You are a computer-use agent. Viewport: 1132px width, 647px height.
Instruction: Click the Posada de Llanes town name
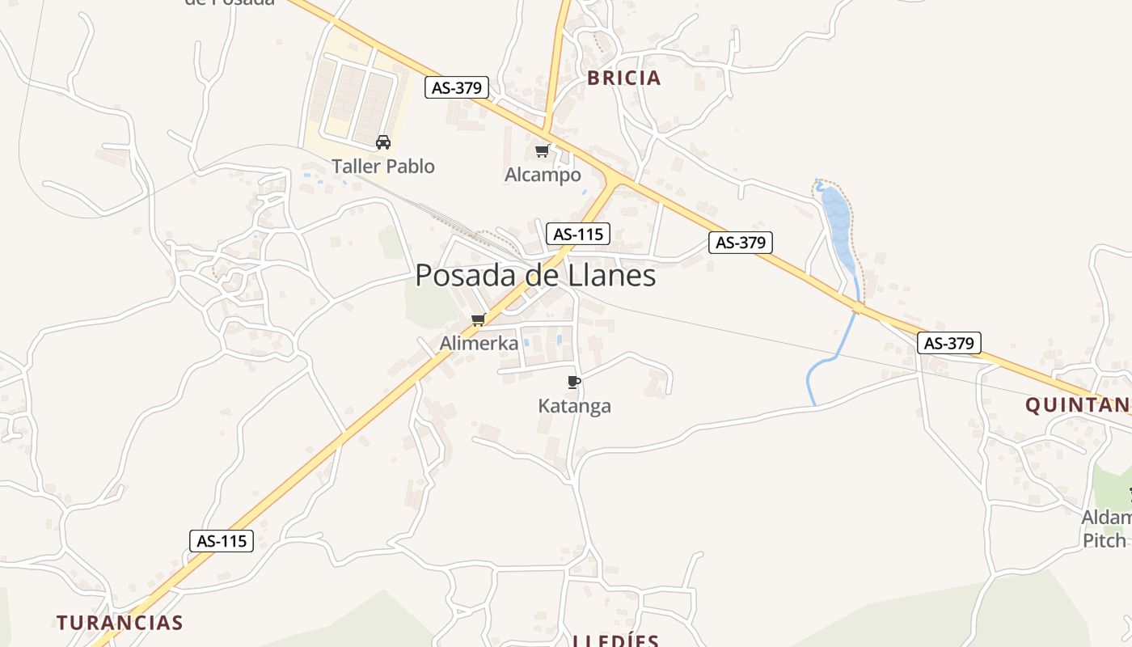pos(535,276)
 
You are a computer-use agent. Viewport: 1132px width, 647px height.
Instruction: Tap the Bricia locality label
pos(623,78)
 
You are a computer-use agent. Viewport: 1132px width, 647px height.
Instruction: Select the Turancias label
pos(120,623)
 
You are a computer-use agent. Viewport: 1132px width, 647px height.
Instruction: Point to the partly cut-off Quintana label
pos(1078,405)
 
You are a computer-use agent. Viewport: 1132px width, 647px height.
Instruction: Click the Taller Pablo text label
pos(382,167)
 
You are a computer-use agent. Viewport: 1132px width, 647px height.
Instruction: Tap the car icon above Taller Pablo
pos(383,142)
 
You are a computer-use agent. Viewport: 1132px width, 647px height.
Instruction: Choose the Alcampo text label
pos(543,175)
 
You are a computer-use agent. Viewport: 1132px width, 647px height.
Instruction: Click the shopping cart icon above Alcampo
pos(543,150)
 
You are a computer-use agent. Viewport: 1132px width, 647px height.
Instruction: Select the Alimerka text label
pos(479,344)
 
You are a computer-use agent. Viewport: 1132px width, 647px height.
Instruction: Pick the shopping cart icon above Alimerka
pos(479,319)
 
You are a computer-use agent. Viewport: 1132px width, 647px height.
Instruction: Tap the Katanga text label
pos(574,406)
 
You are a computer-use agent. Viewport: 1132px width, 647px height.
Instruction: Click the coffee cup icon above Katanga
pos(574,382)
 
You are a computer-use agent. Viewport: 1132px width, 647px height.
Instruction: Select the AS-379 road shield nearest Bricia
pos(457,87)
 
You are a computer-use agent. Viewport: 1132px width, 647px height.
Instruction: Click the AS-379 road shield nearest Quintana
pos(949,343)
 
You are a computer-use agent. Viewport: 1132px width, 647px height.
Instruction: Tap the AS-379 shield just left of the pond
pos(741,242)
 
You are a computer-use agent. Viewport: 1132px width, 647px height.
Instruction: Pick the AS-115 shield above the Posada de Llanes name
pos(577,235)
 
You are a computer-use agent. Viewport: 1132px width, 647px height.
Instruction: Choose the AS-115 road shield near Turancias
pos(222,541)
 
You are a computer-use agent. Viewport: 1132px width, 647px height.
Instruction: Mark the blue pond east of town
pos(838,222)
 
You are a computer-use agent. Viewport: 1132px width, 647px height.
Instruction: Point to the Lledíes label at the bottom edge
pos(615,641)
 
